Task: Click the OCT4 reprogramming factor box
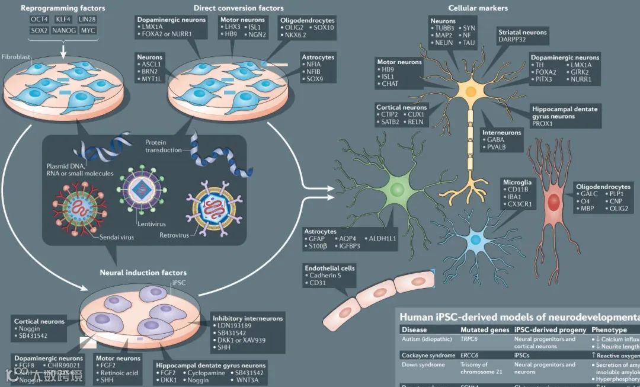tap(40, 20)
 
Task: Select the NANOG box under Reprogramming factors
tap(64, 30)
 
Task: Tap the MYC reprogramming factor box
tap(88, 30)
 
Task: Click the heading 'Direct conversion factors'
tap(238, 8)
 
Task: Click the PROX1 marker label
tap(543, 124)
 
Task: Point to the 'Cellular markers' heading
tap(478, 8)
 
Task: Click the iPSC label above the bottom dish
tap(178, 283)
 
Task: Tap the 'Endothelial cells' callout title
tap(329, 268)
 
